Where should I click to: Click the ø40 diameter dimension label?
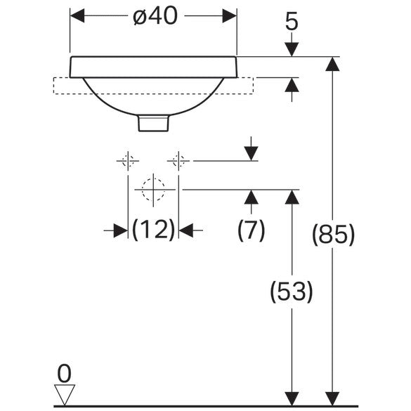(155, 16)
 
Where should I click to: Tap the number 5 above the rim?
(292, 22)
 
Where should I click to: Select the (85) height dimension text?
(333, 235)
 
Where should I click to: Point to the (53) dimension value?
(292, 292)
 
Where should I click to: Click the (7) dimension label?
(251, 230)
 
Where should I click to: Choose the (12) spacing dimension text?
(153, 230)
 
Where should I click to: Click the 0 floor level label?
(64, 374)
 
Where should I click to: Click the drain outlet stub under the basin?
(153, 123)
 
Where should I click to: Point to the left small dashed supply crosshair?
(128, 161)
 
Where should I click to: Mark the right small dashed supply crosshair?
(178, 161)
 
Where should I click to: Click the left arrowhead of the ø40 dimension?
(77, 15)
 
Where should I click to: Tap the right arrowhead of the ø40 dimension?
(230, 15)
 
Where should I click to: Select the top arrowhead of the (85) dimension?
(332, 64)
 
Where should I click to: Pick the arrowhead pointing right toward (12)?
(121, 230)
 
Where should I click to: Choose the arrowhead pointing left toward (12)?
(186, 230)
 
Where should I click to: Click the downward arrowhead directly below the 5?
(292, 49)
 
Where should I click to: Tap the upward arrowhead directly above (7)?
(251, 197)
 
